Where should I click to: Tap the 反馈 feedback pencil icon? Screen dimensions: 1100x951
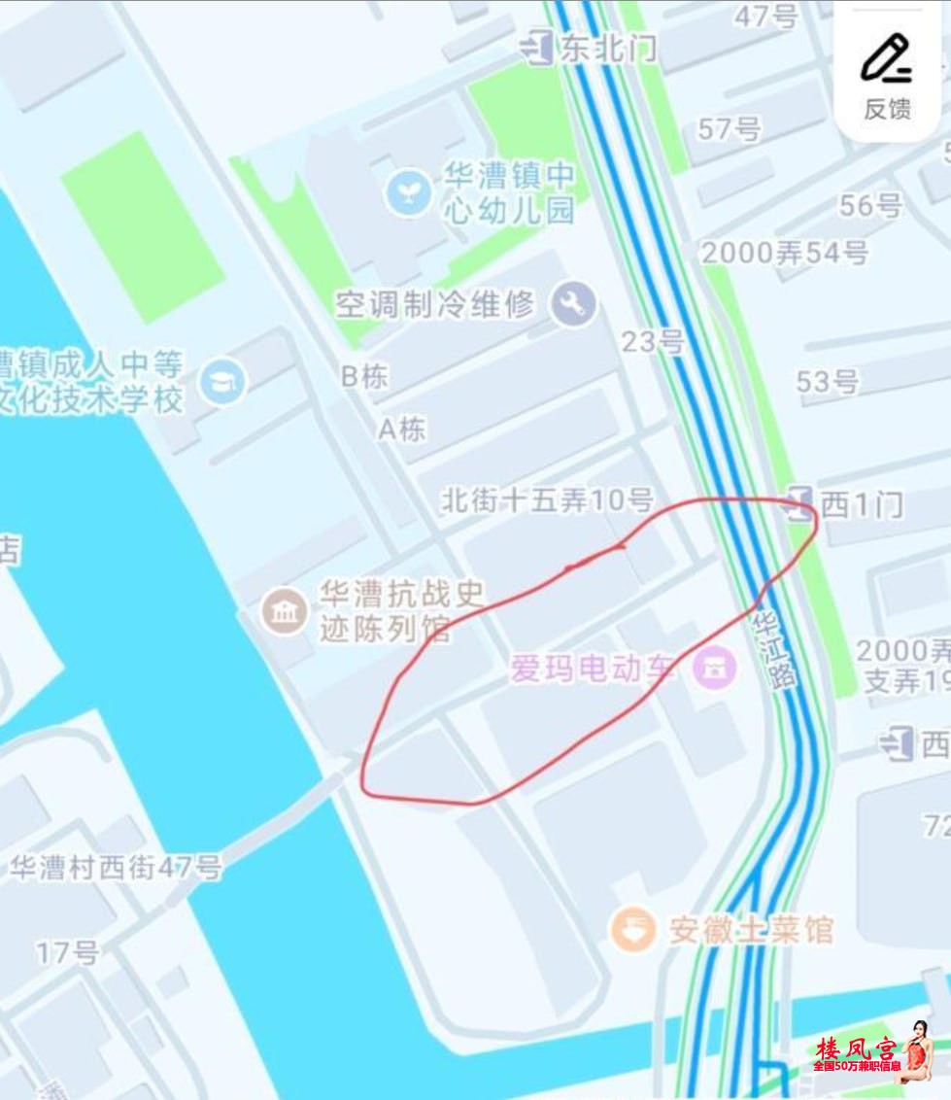pos(886,59)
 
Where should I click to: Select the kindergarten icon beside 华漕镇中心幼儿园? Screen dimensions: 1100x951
pos(408,192)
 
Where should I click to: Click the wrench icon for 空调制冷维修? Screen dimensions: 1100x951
pos(573,305)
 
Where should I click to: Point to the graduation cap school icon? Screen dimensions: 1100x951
pos(223,382)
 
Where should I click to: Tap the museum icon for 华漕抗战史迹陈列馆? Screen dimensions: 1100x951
pos(286,612)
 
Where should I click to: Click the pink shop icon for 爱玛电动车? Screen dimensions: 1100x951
pos(715,668)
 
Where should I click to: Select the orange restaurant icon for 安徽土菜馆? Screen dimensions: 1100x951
pos(632,930)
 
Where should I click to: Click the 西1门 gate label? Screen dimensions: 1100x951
pos(861,504)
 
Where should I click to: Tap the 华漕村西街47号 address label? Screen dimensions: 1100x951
pos(117,867)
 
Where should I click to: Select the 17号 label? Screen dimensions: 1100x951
pos(68,952)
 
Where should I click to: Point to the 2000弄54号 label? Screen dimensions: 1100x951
pos(784,253)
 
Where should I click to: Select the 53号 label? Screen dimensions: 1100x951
pos(828,382)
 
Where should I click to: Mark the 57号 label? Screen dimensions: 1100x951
pos(730,128)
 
